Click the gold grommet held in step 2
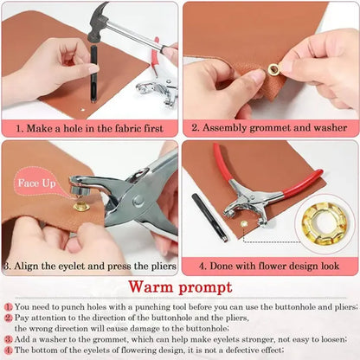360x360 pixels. (x=274, y=70)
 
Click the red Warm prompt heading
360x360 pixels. (x=179, y=286)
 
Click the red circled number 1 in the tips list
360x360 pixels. (x=8, y=306)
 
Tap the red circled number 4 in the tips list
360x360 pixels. (x=8, y=349)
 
